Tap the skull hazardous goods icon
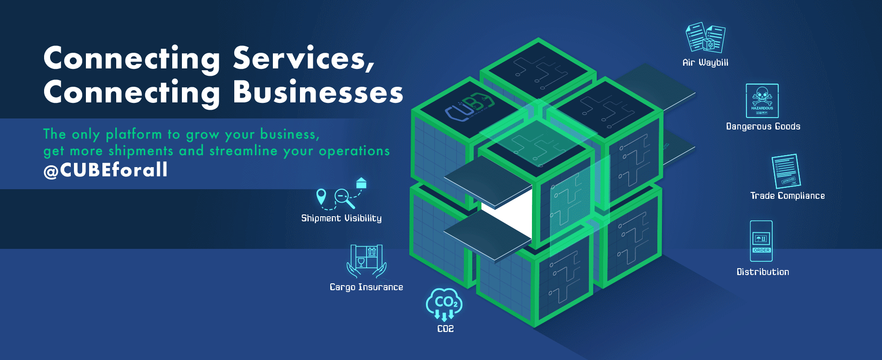point(762,101)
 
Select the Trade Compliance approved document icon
point(786,171)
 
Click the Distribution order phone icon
point(761,241)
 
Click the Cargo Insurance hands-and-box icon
point(367,261)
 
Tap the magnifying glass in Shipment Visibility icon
point(344,198)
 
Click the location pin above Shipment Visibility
point(322,197)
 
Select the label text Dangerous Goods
point(763,126)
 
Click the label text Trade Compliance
point(787,196)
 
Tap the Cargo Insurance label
point(366,287)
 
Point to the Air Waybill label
point(705,62)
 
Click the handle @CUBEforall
point(106,170)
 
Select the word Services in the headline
point(303,59)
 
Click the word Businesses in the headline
point(318,92)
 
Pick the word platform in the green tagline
point(134,134)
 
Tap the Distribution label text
point(763,272)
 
